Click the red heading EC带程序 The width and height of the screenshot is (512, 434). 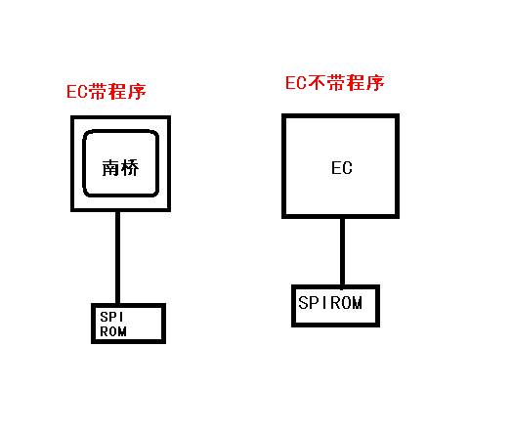point(107,92)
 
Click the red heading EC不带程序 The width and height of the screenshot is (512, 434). point(335,83)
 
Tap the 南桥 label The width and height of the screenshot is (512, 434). point(120,168)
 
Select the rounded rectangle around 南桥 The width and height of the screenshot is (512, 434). point(84,163)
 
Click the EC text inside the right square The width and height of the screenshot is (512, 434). point(342,168)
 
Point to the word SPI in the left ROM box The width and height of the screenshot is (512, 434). point(111,317)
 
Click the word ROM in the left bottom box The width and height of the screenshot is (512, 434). point(113,331)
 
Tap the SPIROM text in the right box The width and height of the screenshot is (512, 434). point(330,303)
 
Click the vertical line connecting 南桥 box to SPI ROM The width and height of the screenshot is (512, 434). point(117,258)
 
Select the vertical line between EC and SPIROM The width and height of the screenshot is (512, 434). point(342,252)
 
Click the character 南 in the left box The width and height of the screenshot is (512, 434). point(111,168)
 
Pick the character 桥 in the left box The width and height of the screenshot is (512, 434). point(130,168)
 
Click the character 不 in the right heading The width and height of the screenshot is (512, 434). point(316,83)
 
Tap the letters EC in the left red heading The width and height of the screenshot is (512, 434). point(77,92)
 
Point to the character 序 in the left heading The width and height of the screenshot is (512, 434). point(137,92)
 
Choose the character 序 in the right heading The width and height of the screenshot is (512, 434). point(375,83)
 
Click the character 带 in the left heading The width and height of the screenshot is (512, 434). point(98,92)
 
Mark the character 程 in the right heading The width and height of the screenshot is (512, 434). point(356,83)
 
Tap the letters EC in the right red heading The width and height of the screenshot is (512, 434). point(296,83)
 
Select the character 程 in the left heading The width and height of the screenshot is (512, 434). point(117,92)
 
